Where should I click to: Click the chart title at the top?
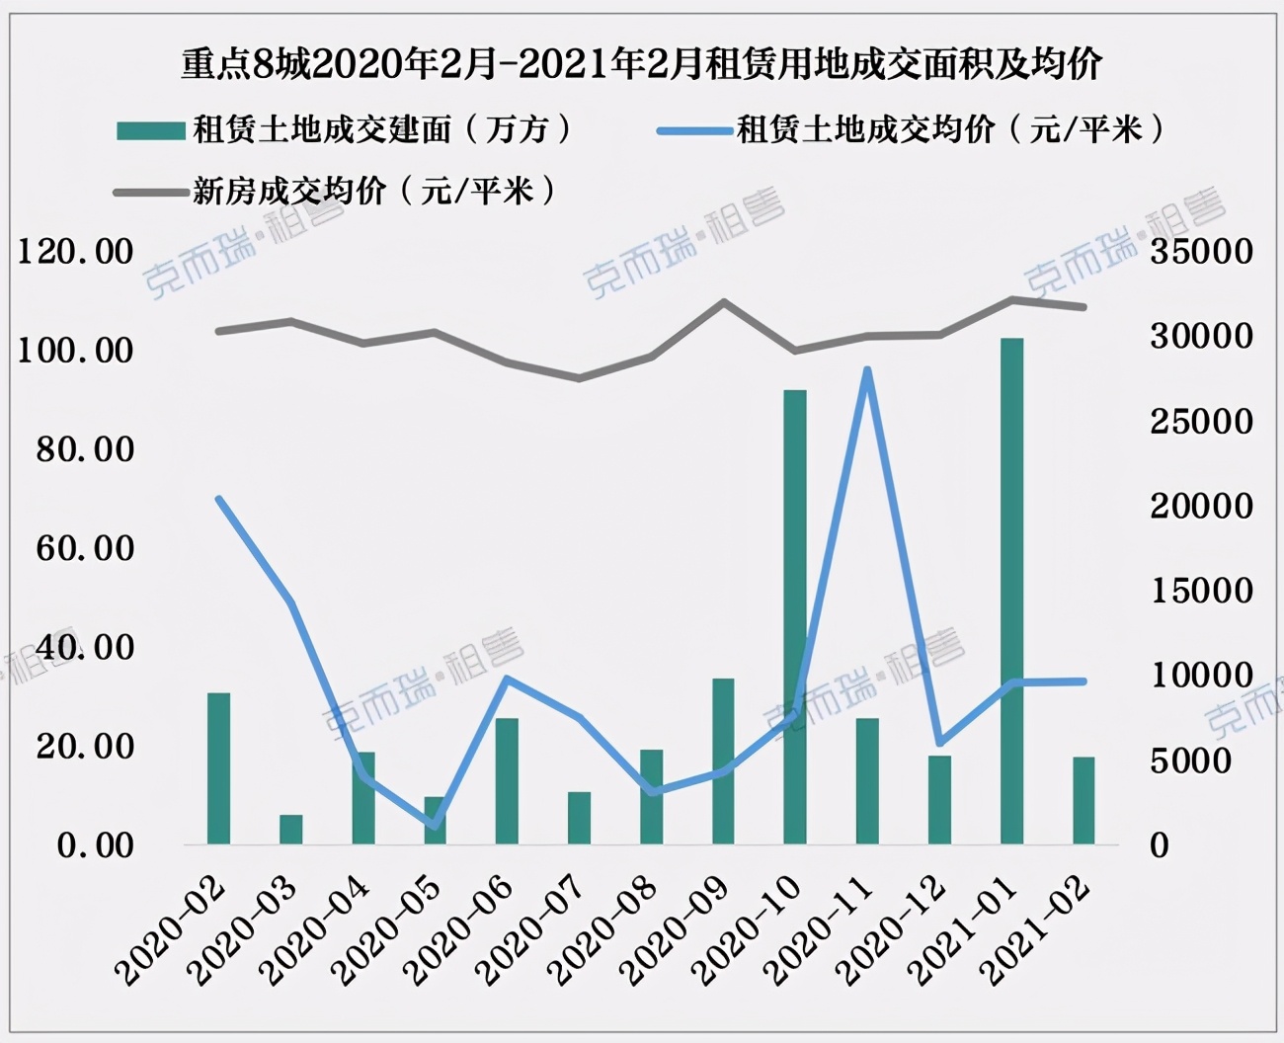[x=641, y=64]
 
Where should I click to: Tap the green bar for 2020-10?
[x=795, y=616]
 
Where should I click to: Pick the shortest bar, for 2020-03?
[x=290, y=830]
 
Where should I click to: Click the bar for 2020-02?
[x=218, y=768]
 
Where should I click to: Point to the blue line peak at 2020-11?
[x=867, y=370]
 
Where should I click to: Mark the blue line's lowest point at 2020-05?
[x=435, y=825]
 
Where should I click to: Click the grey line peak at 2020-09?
[x=723, y=302]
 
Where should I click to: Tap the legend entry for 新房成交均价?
[x=336, y=191]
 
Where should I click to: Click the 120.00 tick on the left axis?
[x=76, y=251]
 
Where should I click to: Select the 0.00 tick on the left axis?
[x=95, y=845]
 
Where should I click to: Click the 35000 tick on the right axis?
[x=1201, y=251]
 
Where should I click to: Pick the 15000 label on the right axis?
[x=1201, y=591]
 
